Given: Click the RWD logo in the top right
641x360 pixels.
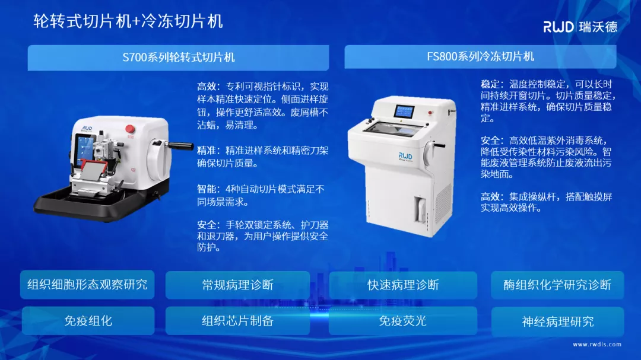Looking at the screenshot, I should [x=580, y=26].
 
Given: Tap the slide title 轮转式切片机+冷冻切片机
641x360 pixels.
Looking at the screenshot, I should [x=128, y=22].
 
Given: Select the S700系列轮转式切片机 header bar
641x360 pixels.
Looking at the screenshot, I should [x=178, y=58].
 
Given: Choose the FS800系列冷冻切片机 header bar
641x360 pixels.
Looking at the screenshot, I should [x=480, y=56].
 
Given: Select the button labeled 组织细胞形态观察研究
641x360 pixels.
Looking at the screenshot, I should [x=87, y=285].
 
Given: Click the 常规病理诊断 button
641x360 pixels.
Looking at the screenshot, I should [x=237, y=285].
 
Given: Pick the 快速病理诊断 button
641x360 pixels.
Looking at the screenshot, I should [x=403, y=285].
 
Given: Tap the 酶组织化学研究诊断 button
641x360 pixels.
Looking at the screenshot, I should [x=557, y=285].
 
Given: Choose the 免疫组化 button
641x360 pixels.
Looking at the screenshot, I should [x=88, y=321].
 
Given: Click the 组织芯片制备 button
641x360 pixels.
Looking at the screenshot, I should [x=237, y=321].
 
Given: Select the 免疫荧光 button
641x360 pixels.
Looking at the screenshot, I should [x=403, y=321].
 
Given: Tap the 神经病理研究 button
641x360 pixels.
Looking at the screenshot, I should [x=557, y=321].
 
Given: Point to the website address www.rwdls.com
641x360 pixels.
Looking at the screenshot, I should [x=597, y=344].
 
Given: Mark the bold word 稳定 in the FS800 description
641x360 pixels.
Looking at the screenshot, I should [x=491, y=84].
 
